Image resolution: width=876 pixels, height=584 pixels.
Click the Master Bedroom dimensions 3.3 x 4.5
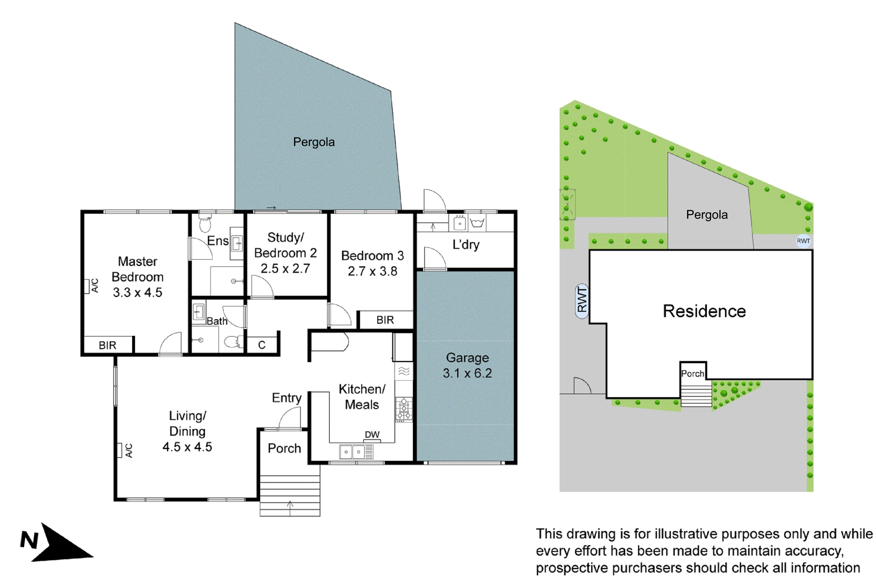[138, 292]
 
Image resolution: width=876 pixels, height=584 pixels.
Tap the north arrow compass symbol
[56, 544]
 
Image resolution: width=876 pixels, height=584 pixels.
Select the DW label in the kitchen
[372, 434]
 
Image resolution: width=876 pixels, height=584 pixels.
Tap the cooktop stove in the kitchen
[404, 409]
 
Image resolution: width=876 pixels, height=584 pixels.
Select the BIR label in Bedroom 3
[385, 320]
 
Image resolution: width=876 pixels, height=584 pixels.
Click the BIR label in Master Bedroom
[107, 345]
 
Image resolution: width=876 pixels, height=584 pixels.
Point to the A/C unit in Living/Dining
[119, 450]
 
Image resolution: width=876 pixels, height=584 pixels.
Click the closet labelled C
[262, 345]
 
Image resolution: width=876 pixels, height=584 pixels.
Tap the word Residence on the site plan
[704, 311]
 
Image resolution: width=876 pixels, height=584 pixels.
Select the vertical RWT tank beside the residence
[581, 301]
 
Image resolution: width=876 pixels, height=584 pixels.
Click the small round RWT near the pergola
[803, 241]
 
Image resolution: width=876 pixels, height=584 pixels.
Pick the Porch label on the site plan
[692, 373]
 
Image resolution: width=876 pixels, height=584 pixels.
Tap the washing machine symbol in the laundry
[477, 223]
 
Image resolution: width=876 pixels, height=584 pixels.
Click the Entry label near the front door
[286, 398]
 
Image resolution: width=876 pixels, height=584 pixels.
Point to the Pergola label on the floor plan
[314, 142]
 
